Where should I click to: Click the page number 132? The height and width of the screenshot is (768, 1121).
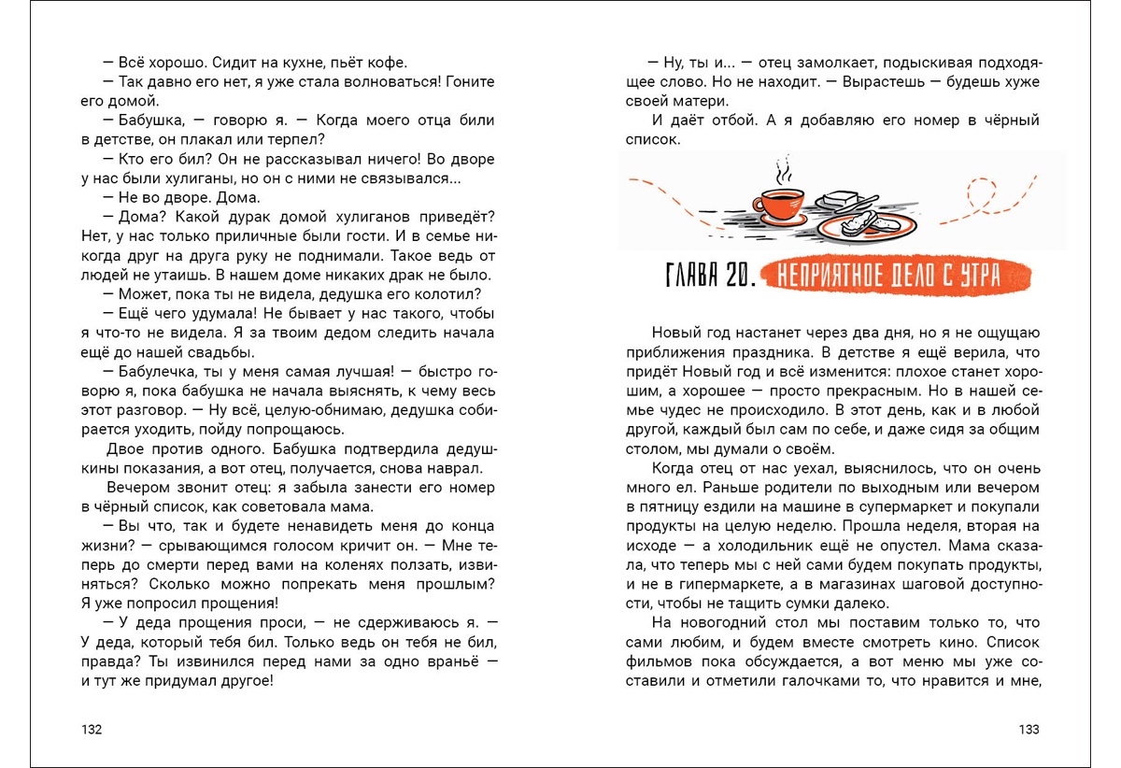92,730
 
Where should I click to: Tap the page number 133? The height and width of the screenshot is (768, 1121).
1029,730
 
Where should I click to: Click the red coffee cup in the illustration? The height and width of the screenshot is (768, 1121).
782,206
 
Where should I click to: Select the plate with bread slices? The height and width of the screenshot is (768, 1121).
865,224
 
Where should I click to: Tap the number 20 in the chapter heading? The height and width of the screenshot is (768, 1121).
732,276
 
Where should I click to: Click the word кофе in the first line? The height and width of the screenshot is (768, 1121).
389,64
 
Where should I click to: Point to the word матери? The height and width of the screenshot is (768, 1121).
703,102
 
